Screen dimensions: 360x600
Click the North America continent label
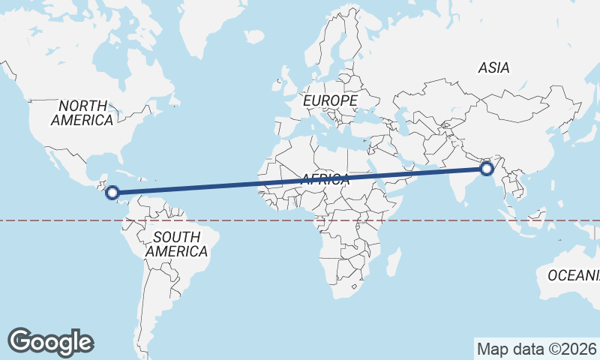click(82, 112)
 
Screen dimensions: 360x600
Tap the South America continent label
click(176, 244)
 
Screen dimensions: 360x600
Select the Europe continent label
click(330, 100)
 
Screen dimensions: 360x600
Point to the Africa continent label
click(325, 179)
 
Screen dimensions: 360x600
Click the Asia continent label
click(493, 67)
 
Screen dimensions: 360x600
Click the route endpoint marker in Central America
click(112, 193)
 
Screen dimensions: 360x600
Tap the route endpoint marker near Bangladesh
click(487, 169)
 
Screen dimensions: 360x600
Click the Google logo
click(50, 342)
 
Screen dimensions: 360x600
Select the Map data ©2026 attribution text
click(536, 349)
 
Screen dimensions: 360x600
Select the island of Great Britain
click(288, 77)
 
